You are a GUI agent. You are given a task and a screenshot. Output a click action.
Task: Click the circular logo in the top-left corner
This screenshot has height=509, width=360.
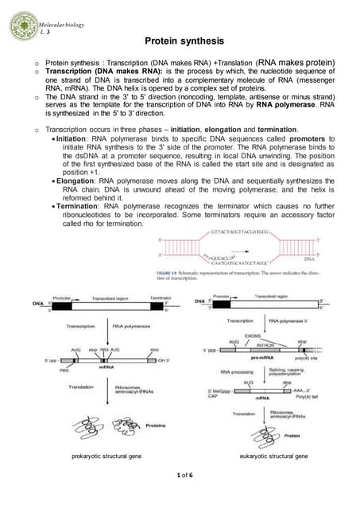tap(21, 25)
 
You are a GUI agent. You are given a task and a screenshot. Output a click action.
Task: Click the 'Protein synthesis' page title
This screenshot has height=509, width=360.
tap(185, 41)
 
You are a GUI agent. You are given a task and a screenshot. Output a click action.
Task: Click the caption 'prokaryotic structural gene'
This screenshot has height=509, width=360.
tap(107, 457)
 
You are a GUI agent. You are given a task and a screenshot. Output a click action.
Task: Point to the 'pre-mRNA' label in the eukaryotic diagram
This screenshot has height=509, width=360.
tap(265, 359)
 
